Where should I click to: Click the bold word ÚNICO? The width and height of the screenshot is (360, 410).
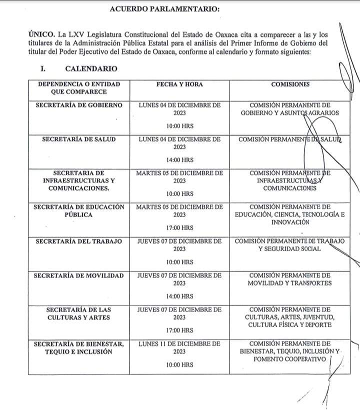(41, 34)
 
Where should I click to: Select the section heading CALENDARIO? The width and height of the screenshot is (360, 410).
(91, 69)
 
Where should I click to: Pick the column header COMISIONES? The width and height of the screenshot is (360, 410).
(290, 84)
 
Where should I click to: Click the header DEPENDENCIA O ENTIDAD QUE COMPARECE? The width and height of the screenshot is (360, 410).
(78, 88)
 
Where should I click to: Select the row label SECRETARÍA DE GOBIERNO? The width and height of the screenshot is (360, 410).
(79, 105)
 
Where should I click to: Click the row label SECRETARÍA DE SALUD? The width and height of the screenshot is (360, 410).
(79, 139)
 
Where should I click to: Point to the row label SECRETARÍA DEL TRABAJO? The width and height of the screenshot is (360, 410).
(79, 241)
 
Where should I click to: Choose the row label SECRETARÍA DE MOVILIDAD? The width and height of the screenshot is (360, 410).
(79, 275)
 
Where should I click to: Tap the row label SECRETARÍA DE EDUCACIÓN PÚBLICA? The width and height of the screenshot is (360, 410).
(79, 210)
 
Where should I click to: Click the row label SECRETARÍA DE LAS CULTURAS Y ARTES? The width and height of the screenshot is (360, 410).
(79, 313)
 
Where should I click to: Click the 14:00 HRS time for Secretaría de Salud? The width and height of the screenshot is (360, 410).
(179, 160)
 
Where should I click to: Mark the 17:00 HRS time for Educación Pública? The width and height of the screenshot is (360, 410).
(179, 228)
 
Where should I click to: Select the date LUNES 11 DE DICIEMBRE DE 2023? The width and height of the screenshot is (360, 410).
(179, 348)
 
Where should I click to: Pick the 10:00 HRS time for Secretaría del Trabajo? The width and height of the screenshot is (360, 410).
(179, 262)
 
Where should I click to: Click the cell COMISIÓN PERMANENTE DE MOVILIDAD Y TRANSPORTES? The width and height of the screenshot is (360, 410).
(290, 279)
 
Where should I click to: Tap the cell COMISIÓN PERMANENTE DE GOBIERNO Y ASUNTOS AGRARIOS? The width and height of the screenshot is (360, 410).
(290, 109)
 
